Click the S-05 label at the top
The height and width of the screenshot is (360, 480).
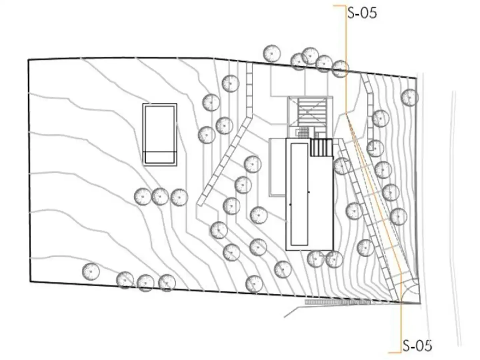(362, 13)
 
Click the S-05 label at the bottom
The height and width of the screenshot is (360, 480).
(417, 346)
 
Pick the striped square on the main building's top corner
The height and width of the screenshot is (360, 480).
(321, 147)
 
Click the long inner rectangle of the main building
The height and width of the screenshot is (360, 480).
(299, 194)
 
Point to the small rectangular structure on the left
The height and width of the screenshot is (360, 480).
(160, 135)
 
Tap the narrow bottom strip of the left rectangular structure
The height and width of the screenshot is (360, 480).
(160, 157)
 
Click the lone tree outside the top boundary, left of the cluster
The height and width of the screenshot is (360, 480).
(272, 53)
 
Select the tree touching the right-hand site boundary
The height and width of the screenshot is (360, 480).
(410, 98)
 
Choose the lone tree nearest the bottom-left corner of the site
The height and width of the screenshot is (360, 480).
(91, 271)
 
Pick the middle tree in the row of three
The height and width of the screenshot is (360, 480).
(160, 196)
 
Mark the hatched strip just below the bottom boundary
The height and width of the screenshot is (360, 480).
(337, 302)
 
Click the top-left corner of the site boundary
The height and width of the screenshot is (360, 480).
(28, 59)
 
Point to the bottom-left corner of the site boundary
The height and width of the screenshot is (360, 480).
(30, 282)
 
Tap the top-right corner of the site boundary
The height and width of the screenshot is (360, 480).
(416, 78)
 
